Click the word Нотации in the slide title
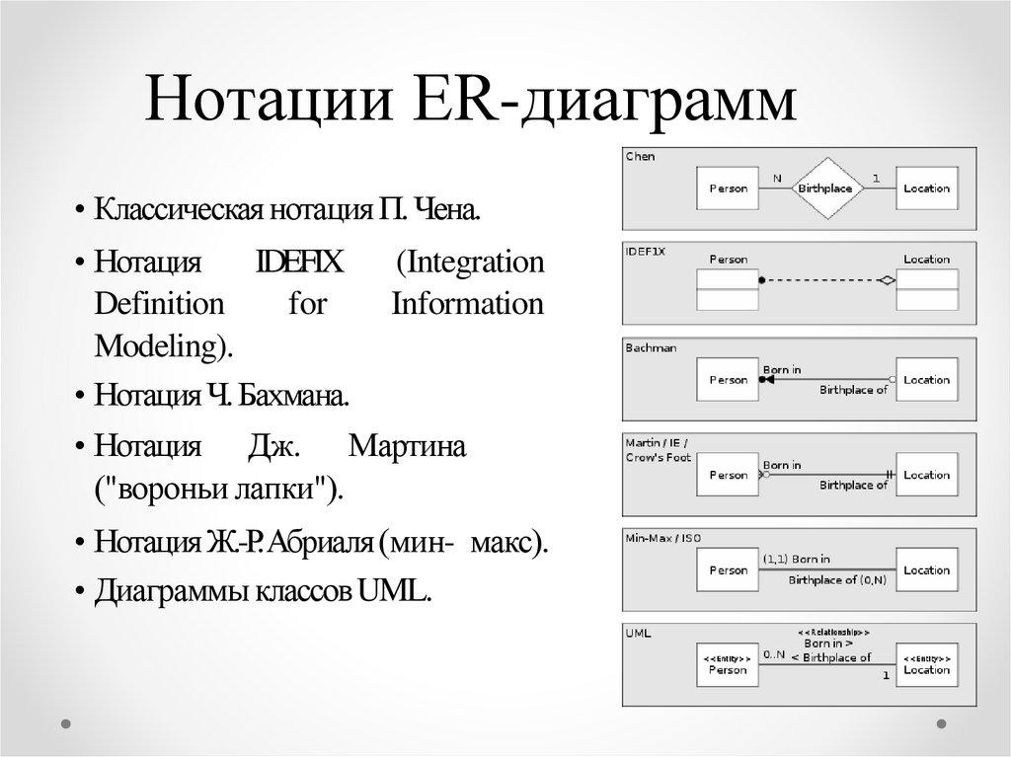[x=254, y=103]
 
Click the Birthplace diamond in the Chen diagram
[x=824, y=188]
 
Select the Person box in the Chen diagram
[x=728, y=188]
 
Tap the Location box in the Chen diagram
[x=926, y=188]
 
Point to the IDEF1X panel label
[x=646, y=251]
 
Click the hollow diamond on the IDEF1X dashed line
[x=888, y=281]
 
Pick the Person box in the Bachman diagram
[x=728, y=380]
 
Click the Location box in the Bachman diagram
[x=926, y=380]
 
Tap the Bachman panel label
[x=651, y=347]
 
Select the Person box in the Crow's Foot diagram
[x=728, y=475]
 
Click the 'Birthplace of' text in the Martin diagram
[x=853, y=485]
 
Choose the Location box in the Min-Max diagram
[x=926, y=569]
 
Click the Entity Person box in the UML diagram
[x=728, y=664]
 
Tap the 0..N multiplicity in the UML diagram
[x=775, y=653]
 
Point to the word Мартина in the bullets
[x=407, y=446]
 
